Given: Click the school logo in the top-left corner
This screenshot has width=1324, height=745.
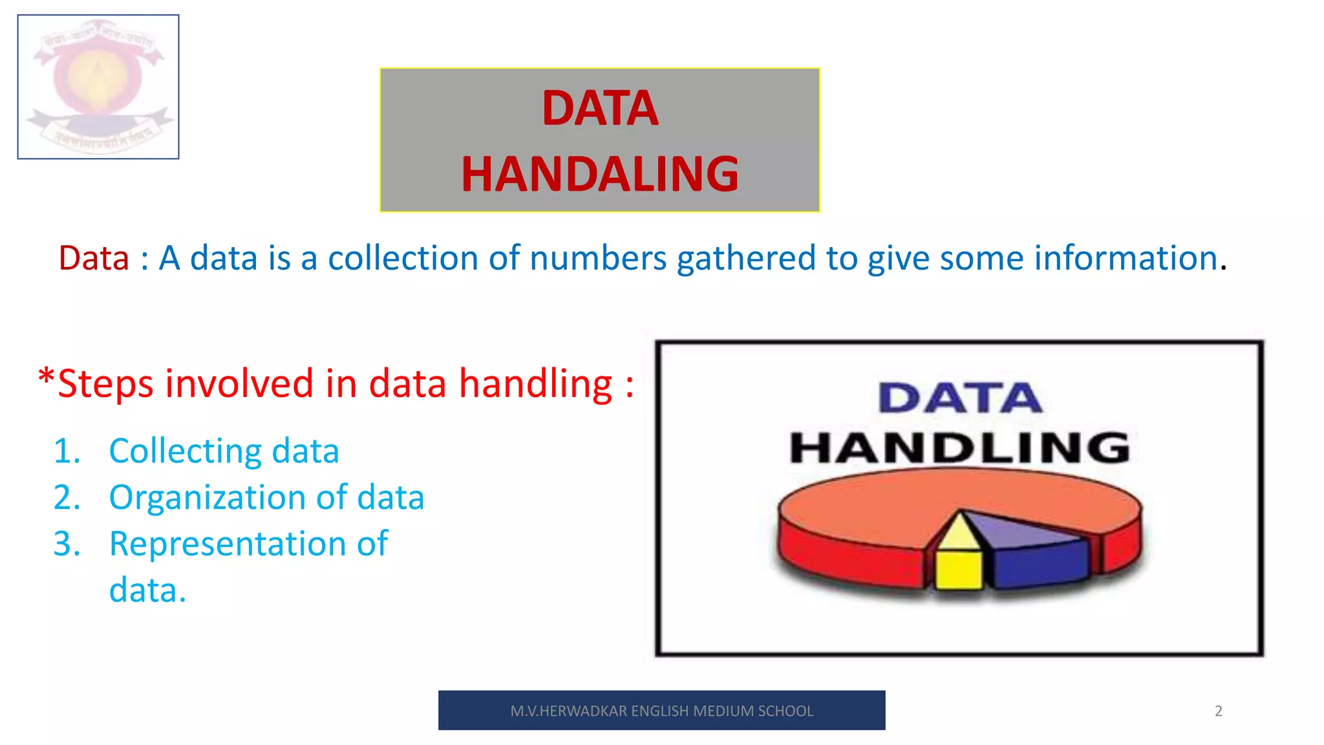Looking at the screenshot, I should coord(98,87).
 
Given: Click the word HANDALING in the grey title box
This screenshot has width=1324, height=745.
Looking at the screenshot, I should coord(599,175).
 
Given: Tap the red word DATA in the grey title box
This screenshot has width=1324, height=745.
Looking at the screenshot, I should coord(600,108).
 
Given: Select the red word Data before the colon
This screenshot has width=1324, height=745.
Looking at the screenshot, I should coord(94,258).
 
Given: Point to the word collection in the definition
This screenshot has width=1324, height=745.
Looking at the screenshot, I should coord(403,258).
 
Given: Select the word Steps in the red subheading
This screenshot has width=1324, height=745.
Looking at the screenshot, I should coord(105,384).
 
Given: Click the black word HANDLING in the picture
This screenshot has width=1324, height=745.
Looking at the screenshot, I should coord(960,448).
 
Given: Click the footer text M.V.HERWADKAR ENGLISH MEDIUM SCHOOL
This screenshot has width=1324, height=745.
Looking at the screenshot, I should coord(661,711).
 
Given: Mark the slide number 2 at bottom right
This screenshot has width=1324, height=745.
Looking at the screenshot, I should coord(1218,711).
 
